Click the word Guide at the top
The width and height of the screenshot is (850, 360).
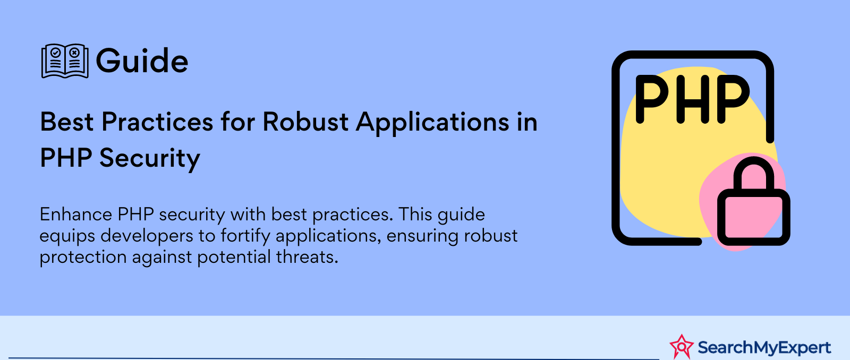click(142, 61)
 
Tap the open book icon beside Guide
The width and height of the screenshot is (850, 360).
click(65, 61)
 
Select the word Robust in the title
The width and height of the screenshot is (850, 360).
click(305, 122)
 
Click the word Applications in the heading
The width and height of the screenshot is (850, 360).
click(431, 123)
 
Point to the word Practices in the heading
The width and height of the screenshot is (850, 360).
click(157, 122)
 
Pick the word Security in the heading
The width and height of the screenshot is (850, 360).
click(150, 159)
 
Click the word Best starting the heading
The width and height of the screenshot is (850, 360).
click(67, 122)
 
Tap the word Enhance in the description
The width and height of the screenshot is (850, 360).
click(76, 215)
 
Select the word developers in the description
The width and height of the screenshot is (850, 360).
click(147, 236)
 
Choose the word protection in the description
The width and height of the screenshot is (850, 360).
click(83, 258)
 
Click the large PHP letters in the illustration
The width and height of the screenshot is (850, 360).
click(693, 99)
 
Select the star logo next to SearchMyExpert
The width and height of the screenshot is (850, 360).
click(682, 346)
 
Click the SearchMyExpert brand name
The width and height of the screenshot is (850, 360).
click(764, 347)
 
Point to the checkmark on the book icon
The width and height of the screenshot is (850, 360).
click(56, 53)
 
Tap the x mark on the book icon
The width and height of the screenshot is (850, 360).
click(74, 53)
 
